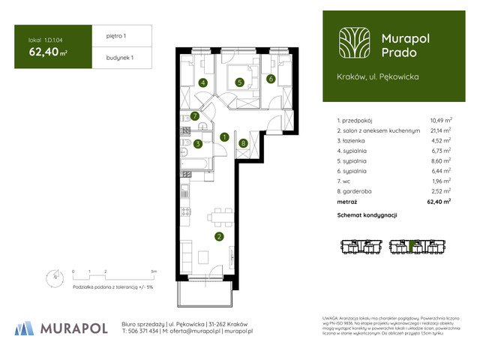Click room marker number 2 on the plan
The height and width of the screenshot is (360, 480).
point(218,237)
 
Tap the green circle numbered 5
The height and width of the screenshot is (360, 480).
point(238,83)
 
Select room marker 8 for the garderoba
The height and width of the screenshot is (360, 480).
point(243,142)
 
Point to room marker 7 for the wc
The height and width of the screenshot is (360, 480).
point(194,116)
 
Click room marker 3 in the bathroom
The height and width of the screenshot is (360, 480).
point(197,143)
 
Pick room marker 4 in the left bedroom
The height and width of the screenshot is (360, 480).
point(202,83)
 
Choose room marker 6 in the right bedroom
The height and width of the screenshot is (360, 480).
point(270,79)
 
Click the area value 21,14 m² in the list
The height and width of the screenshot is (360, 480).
point(440,130)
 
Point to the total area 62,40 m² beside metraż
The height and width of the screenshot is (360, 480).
point(438,202)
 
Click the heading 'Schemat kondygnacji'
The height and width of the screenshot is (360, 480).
point(368,215)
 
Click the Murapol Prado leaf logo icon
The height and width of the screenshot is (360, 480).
point(353,43)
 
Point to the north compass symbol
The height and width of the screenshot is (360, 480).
point(52,277)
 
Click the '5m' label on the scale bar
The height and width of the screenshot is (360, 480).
point(154,270)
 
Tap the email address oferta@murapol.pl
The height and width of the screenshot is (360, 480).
point(193,331)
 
